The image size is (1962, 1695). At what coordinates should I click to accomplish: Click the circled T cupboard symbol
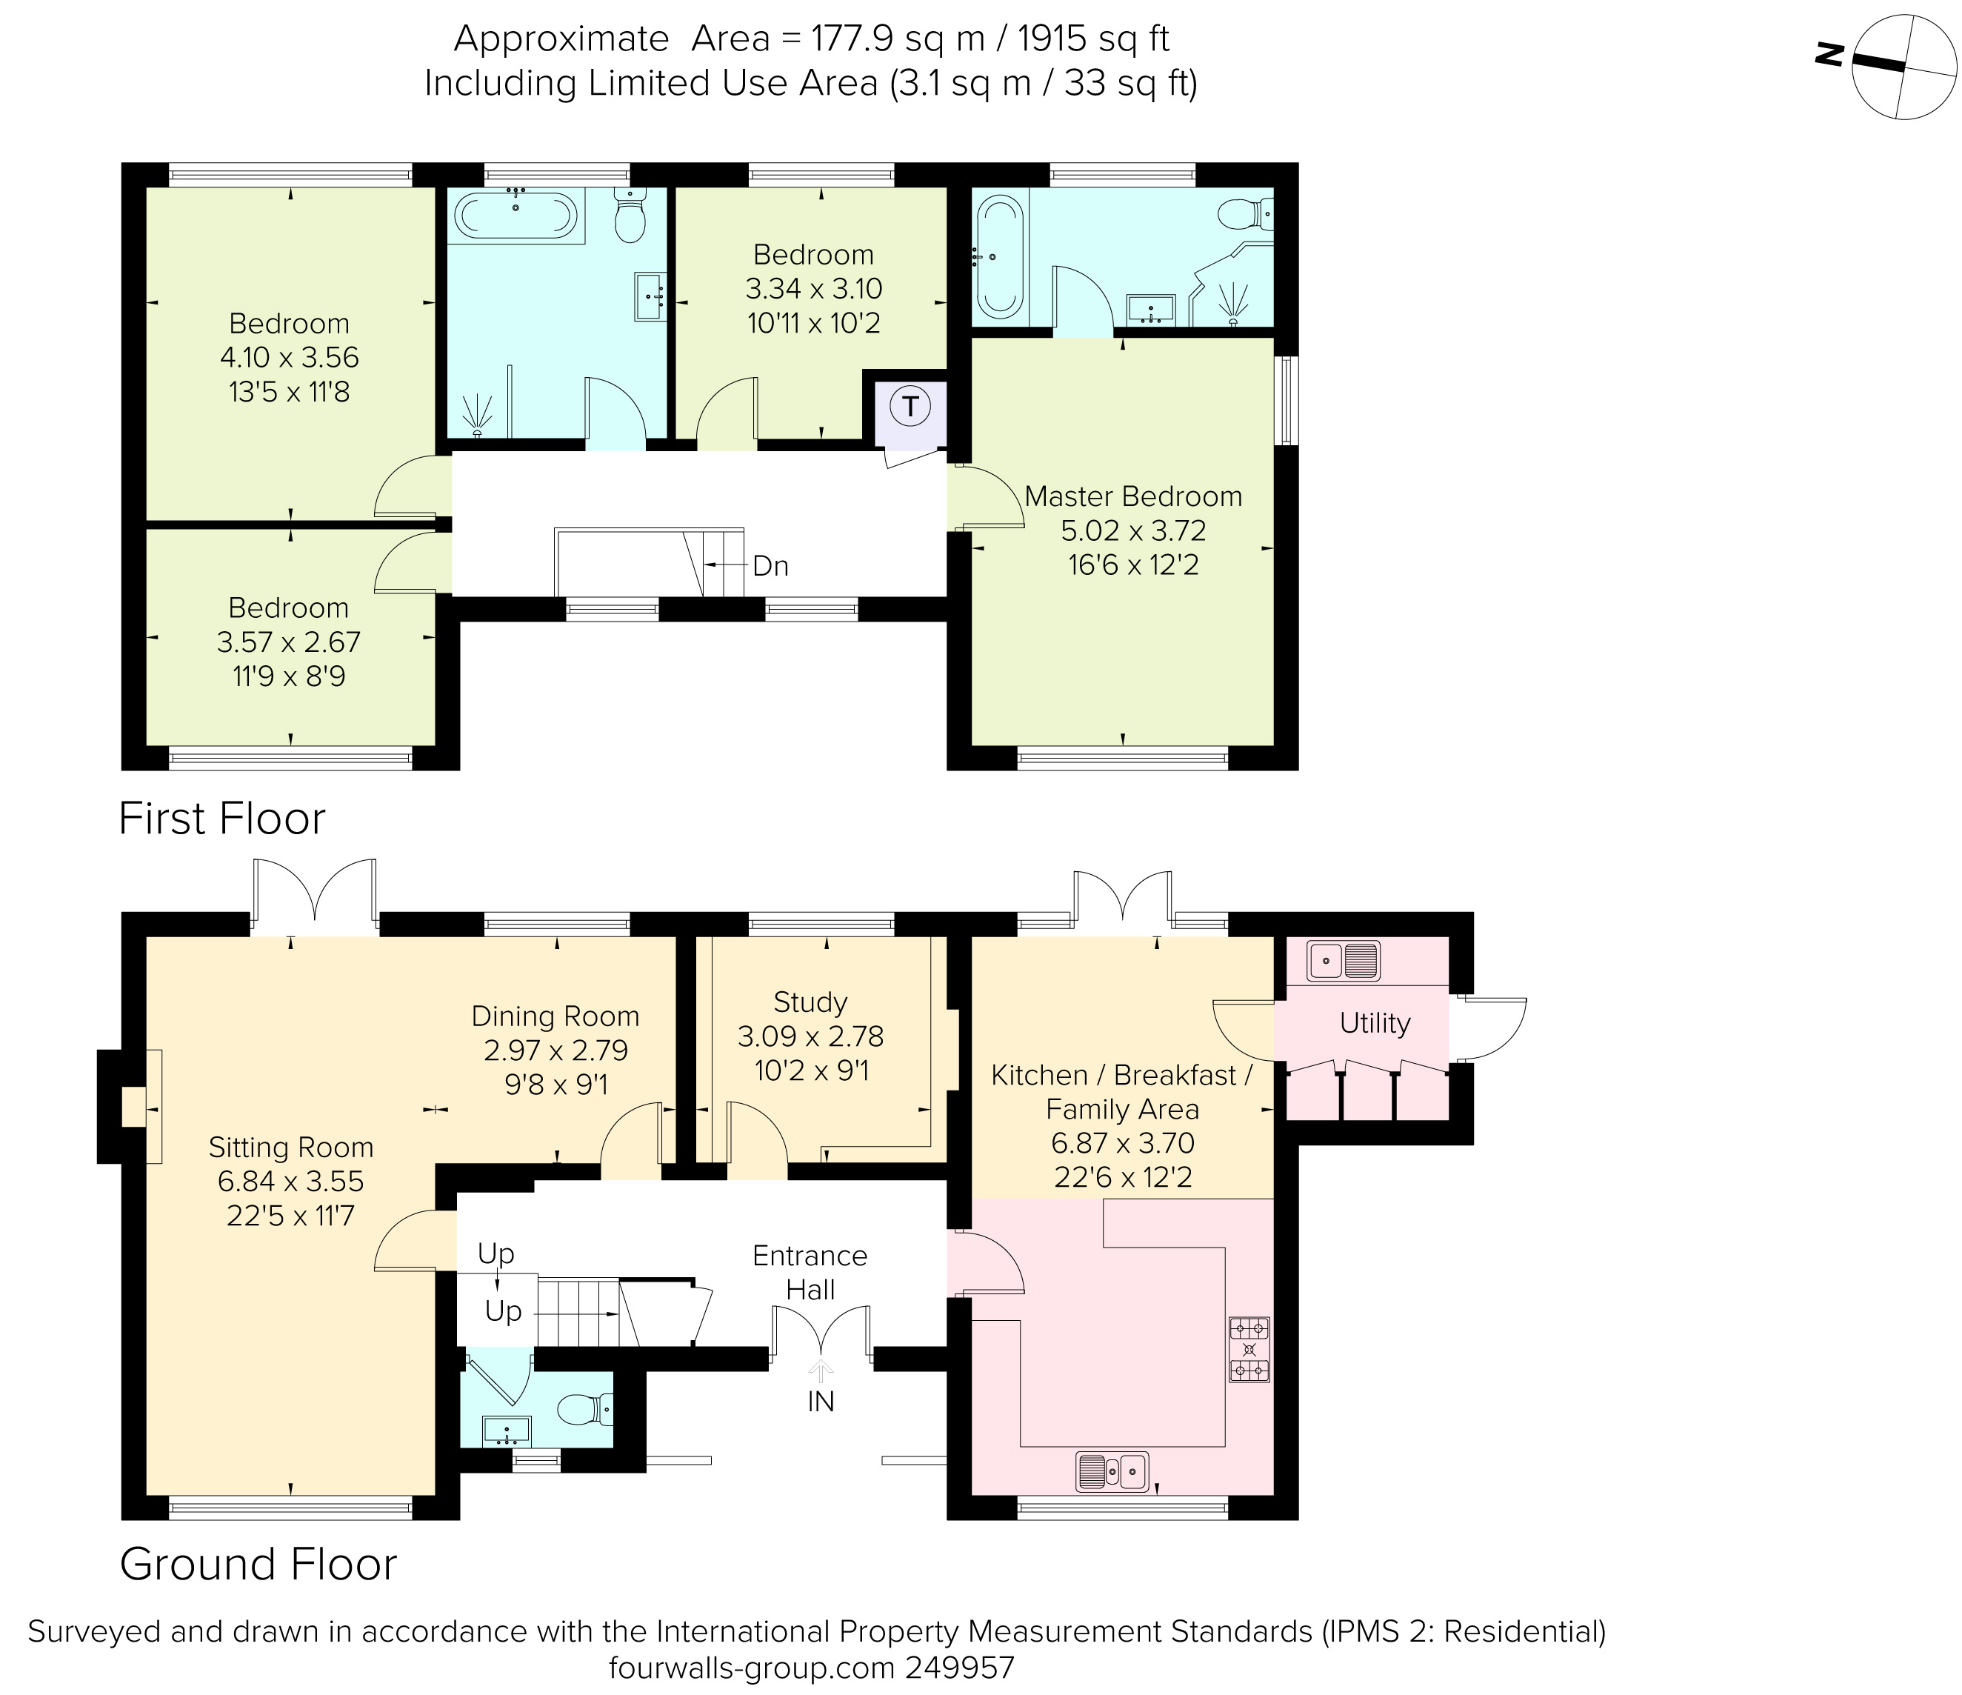(910, 407)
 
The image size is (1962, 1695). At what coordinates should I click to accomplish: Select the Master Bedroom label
(1132, 496)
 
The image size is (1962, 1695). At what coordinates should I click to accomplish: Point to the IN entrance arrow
(820, 1373)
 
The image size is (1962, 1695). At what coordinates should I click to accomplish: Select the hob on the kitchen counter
(1249, 1349)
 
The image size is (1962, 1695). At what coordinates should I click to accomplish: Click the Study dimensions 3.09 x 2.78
(810, 1036)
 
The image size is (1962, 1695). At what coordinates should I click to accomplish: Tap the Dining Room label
(555, 1016)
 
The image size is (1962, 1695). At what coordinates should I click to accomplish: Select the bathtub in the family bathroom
(515, 215)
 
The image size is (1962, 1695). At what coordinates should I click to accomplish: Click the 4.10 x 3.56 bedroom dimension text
(289, 358)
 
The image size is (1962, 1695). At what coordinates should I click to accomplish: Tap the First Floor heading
(221, 818)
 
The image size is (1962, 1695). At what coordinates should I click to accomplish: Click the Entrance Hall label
(810, 1272)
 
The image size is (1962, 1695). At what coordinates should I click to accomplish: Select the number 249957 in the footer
(959, 1668)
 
